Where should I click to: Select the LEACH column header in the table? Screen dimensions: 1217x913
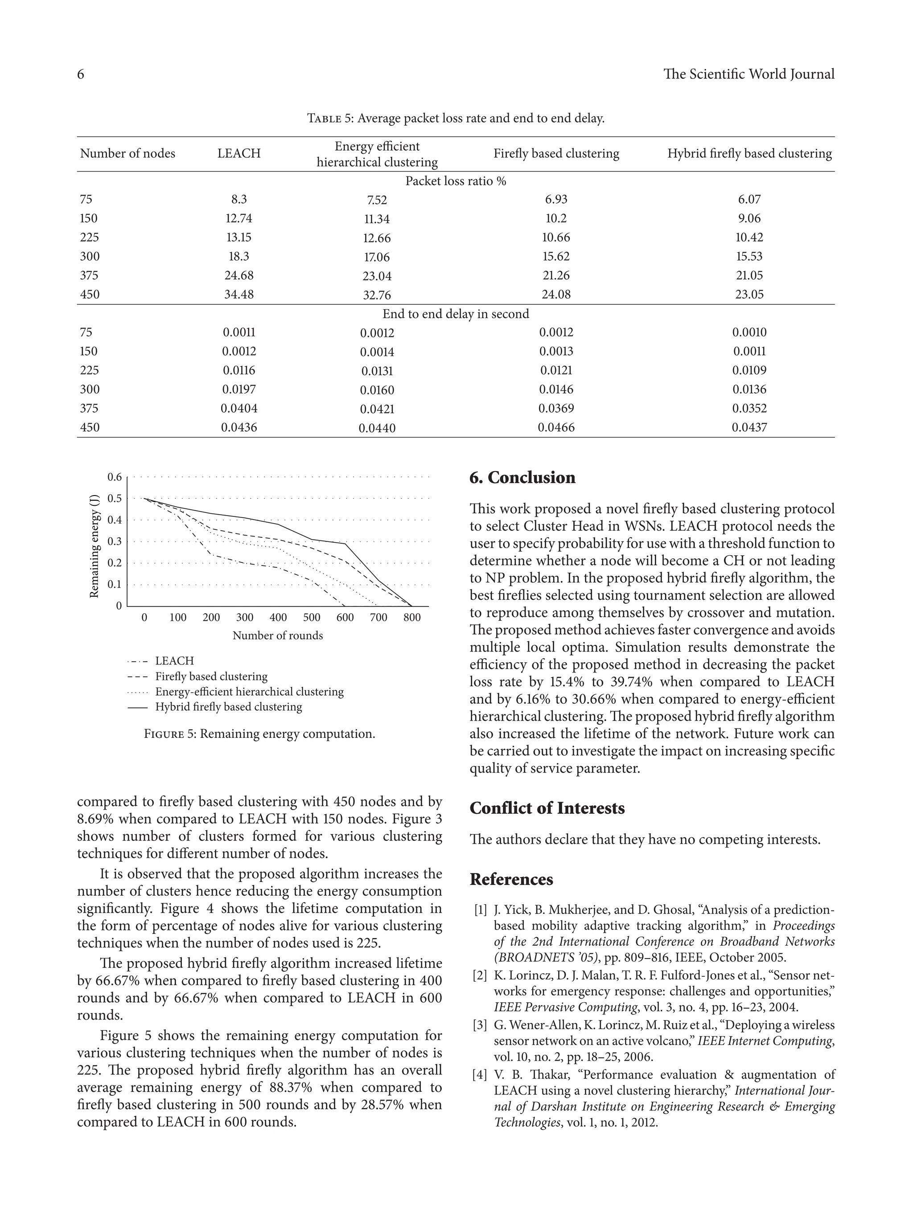[239, 153]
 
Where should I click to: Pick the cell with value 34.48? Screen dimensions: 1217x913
[239, 295]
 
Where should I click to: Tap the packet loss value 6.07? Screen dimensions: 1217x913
[749, 199]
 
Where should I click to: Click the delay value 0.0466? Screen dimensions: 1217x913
[556, 427]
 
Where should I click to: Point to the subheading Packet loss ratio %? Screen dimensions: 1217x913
[456, 181]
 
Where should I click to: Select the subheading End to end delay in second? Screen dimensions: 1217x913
[456, 314]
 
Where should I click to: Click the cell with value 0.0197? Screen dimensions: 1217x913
[239, 389]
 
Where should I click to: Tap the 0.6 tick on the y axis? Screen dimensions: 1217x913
[115, 477]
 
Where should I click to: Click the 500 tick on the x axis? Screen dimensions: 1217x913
[312, 617]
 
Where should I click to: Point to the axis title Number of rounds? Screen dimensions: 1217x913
[277, 635]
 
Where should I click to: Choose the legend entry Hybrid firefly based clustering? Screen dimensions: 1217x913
[228, 707]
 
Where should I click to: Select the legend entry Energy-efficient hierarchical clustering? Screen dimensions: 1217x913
[249, 692]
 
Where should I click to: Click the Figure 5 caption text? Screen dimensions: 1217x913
[259, 734]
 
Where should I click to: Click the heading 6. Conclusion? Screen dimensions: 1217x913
[522, 478]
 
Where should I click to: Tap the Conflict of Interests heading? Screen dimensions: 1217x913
[547, 808]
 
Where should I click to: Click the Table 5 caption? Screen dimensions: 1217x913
[456, 118]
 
